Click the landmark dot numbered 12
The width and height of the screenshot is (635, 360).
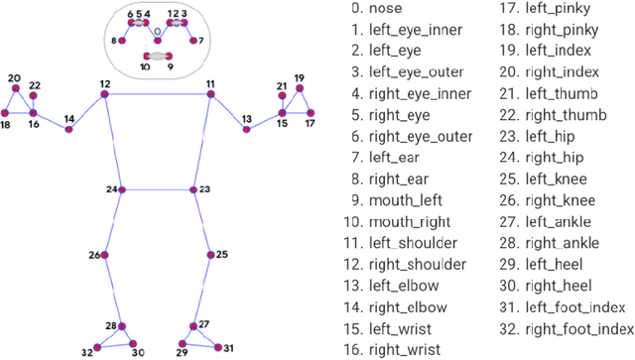[x=105, y=95]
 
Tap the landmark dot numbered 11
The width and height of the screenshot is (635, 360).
[x=210, y=95]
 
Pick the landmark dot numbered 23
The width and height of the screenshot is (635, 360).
[x=191, y=188]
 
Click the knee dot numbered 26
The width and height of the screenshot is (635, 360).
[x=105, y=255]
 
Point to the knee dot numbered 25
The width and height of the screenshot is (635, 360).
[x=209, y=255]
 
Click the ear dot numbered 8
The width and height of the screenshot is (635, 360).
[x=122, y=41]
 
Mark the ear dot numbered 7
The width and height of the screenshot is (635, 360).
[x=192, y=41]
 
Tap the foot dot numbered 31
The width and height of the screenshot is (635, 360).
[x=217, y=347]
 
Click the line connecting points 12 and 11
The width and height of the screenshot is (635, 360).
[x=158, y=95]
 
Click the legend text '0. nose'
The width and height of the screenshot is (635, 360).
[x=380, y=10]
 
